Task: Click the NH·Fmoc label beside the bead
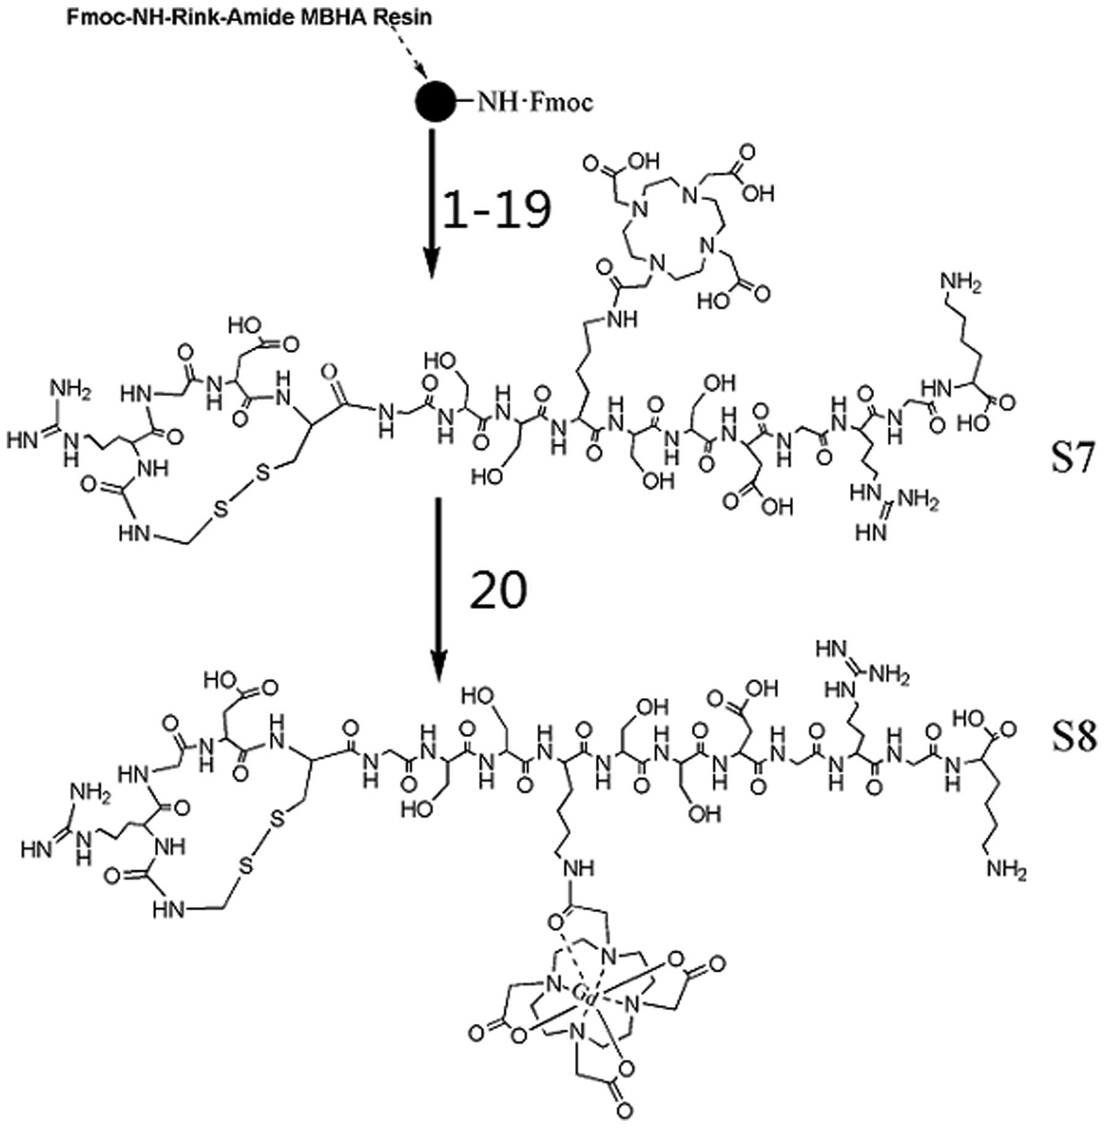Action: tap(535, 102)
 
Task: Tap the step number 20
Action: tap(498, 589)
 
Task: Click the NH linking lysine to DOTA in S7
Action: tap(620, 318)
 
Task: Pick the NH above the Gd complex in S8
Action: tap(576, 869)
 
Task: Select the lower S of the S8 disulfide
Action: tap(246, 867)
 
